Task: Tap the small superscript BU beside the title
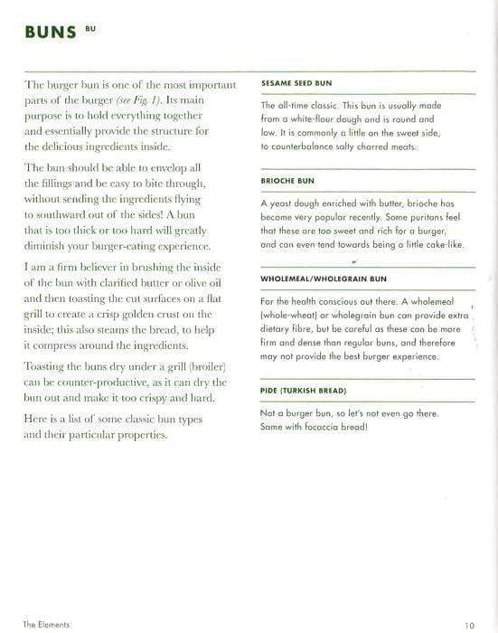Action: coord(89,28)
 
